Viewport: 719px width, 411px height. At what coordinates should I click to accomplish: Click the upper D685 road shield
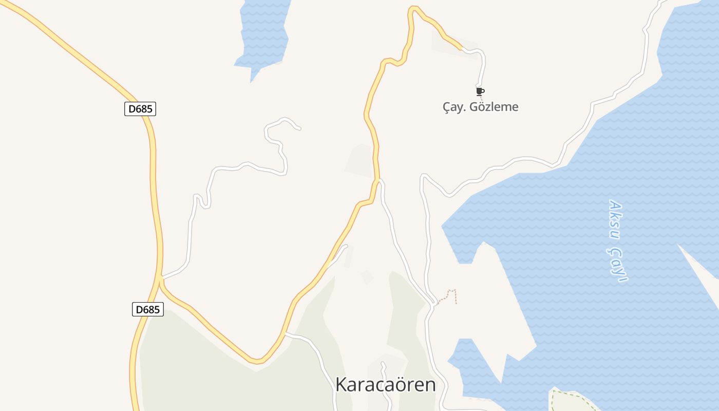140,109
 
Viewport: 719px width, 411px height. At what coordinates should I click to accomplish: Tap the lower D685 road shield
148,309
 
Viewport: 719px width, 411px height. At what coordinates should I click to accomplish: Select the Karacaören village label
385,384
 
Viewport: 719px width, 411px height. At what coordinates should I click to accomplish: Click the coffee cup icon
480,91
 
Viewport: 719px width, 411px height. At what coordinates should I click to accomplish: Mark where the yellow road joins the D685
161,279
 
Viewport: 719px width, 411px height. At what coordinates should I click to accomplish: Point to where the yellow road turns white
462,49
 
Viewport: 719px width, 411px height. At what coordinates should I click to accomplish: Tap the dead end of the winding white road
299,128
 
